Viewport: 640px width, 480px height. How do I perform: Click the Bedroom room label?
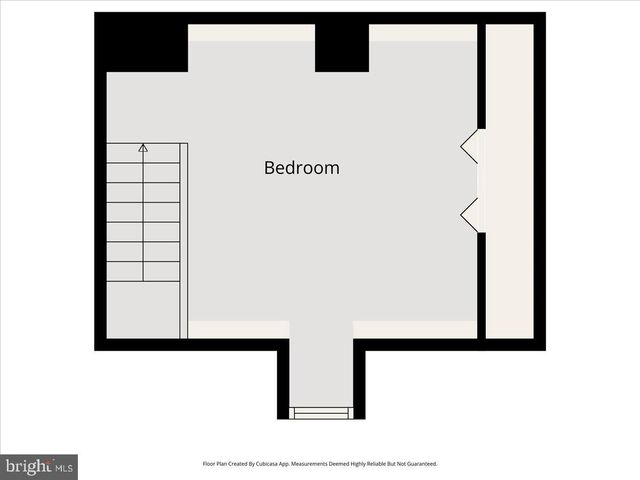click(301, 168)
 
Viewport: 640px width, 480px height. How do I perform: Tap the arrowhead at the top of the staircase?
click(143, 148)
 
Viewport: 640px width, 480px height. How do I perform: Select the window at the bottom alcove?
click(321, 412)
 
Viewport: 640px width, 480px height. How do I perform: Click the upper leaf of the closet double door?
click(469, 148)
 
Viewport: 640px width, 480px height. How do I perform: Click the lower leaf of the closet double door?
click(469, 213)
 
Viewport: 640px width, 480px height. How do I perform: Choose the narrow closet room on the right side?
click(509, 180)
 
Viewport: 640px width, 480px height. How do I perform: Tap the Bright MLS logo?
click(39, 466)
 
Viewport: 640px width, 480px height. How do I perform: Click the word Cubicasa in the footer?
click(269, 464)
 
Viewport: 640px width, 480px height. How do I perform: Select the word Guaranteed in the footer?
click(419, 464)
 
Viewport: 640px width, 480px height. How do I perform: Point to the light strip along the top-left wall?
click(251, 33)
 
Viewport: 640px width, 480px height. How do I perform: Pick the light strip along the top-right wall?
click(422, 33)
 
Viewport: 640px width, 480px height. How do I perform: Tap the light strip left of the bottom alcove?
click(239, 329)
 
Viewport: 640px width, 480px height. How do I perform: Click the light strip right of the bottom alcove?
click(415, 329)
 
